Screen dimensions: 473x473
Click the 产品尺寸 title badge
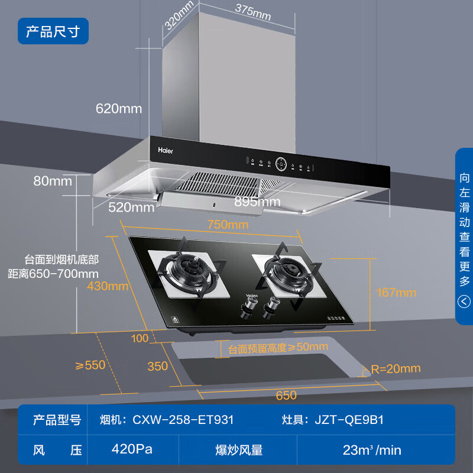[53, 31]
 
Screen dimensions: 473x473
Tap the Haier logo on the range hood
[166, 150]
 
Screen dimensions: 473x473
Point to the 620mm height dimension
[119, 108]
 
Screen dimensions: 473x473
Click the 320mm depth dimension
[179, 15]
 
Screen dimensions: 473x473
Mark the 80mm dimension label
[53, 181]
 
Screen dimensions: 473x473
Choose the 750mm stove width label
[228, 225]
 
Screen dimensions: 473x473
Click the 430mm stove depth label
[108, 286]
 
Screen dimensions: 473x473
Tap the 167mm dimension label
[396, 292]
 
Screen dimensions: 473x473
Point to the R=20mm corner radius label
[395, 369]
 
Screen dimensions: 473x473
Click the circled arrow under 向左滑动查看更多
[464, 302]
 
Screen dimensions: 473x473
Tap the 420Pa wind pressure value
[132, 449]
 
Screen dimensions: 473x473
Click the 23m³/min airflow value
[372, 450]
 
